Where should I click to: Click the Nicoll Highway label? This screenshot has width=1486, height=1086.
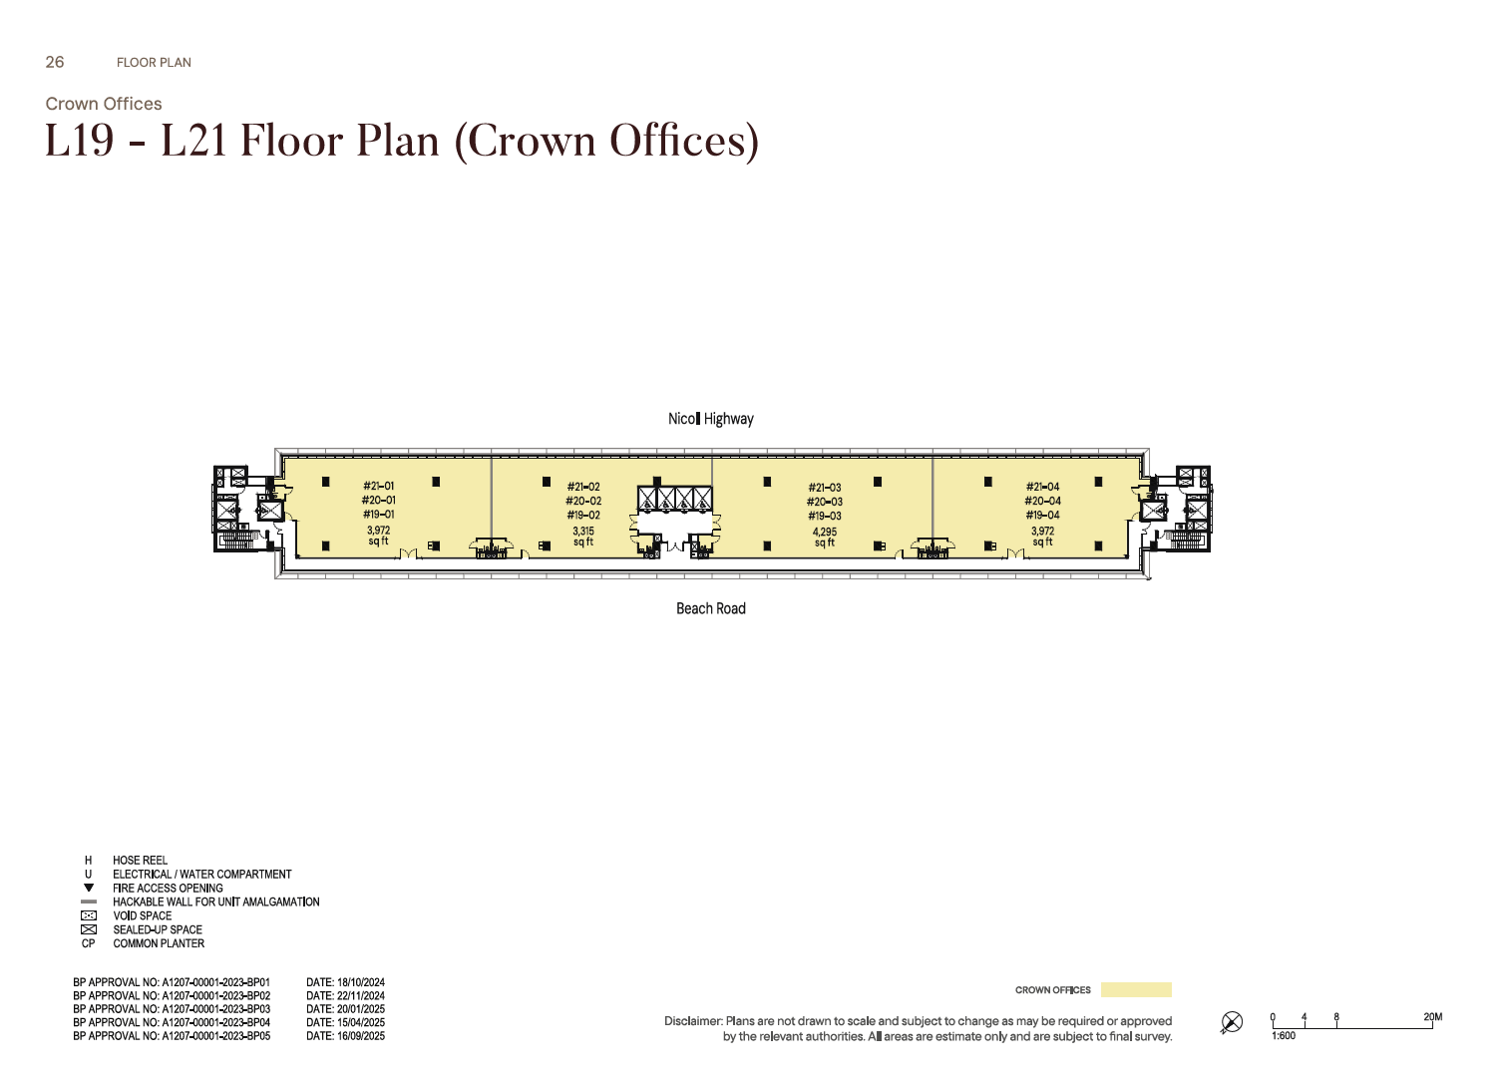(710, 419)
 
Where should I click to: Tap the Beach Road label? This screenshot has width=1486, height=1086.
(710, 608)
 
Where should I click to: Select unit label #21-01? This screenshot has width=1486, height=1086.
(379, 487)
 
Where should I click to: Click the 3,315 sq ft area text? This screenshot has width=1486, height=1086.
(583, 537)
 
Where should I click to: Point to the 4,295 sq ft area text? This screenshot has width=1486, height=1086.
(825, 538)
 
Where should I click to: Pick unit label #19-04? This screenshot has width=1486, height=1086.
(1042, 515)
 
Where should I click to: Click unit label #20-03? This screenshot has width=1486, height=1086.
(825, 503)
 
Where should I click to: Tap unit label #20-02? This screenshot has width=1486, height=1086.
(583, 502)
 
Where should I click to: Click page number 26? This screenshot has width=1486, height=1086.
(55, 63)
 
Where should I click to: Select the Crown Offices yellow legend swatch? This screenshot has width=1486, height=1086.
(1136, 990)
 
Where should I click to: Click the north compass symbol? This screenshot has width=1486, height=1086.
(1232, 1021)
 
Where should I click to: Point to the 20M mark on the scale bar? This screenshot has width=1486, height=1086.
(1432, 1017)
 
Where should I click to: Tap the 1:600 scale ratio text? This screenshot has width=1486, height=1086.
(1283, 1035)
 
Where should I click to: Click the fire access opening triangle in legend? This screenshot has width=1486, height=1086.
(88, 888)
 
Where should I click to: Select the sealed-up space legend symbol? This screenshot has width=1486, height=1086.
(88, 929)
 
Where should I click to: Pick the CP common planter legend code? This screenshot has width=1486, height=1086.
(88, 943)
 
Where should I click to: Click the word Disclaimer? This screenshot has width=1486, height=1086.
(693, 1021)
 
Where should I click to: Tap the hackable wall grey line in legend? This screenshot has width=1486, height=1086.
(88, 902)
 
